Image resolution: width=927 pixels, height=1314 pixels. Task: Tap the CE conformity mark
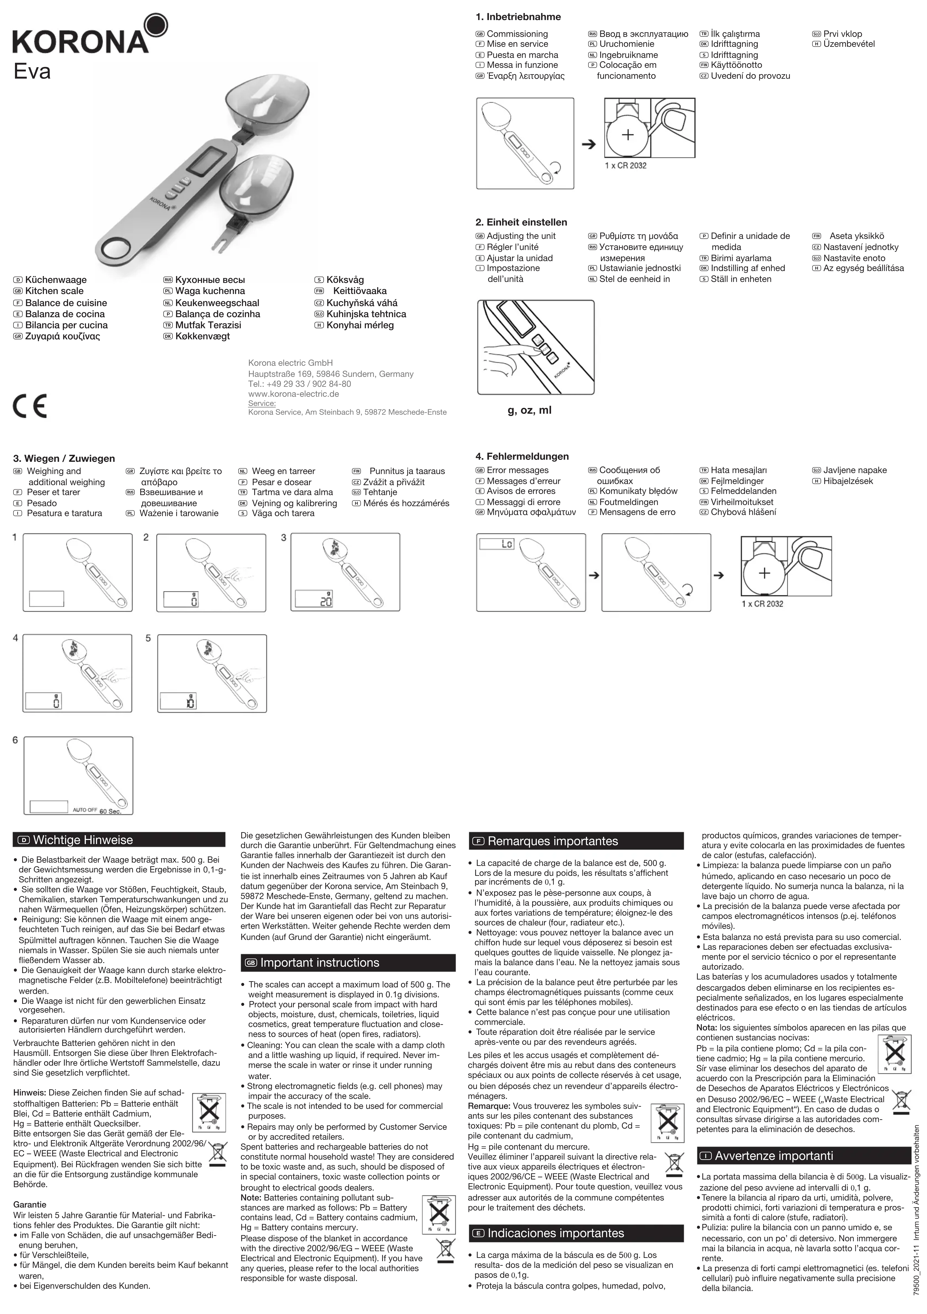click(30, 406)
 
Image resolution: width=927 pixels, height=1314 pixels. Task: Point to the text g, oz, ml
click(530, 410)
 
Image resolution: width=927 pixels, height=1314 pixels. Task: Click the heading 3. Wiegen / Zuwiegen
click(64, 458)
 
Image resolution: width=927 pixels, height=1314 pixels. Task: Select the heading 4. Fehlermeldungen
click(522, 456)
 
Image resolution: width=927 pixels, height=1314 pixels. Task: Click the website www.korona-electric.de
click(293, 394)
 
